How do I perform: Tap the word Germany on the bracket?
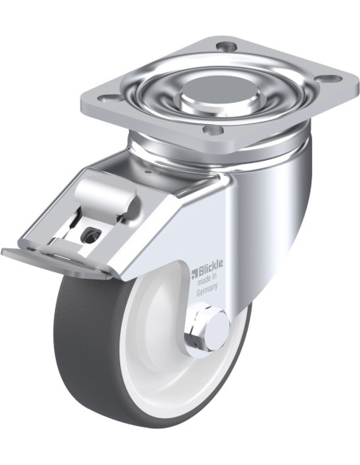207,290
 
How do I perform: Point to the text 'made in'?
208,280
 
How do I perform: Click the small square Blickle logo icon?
194,273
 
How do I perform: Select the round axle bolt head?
217,331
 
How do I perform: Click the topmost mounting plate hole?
226,46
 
